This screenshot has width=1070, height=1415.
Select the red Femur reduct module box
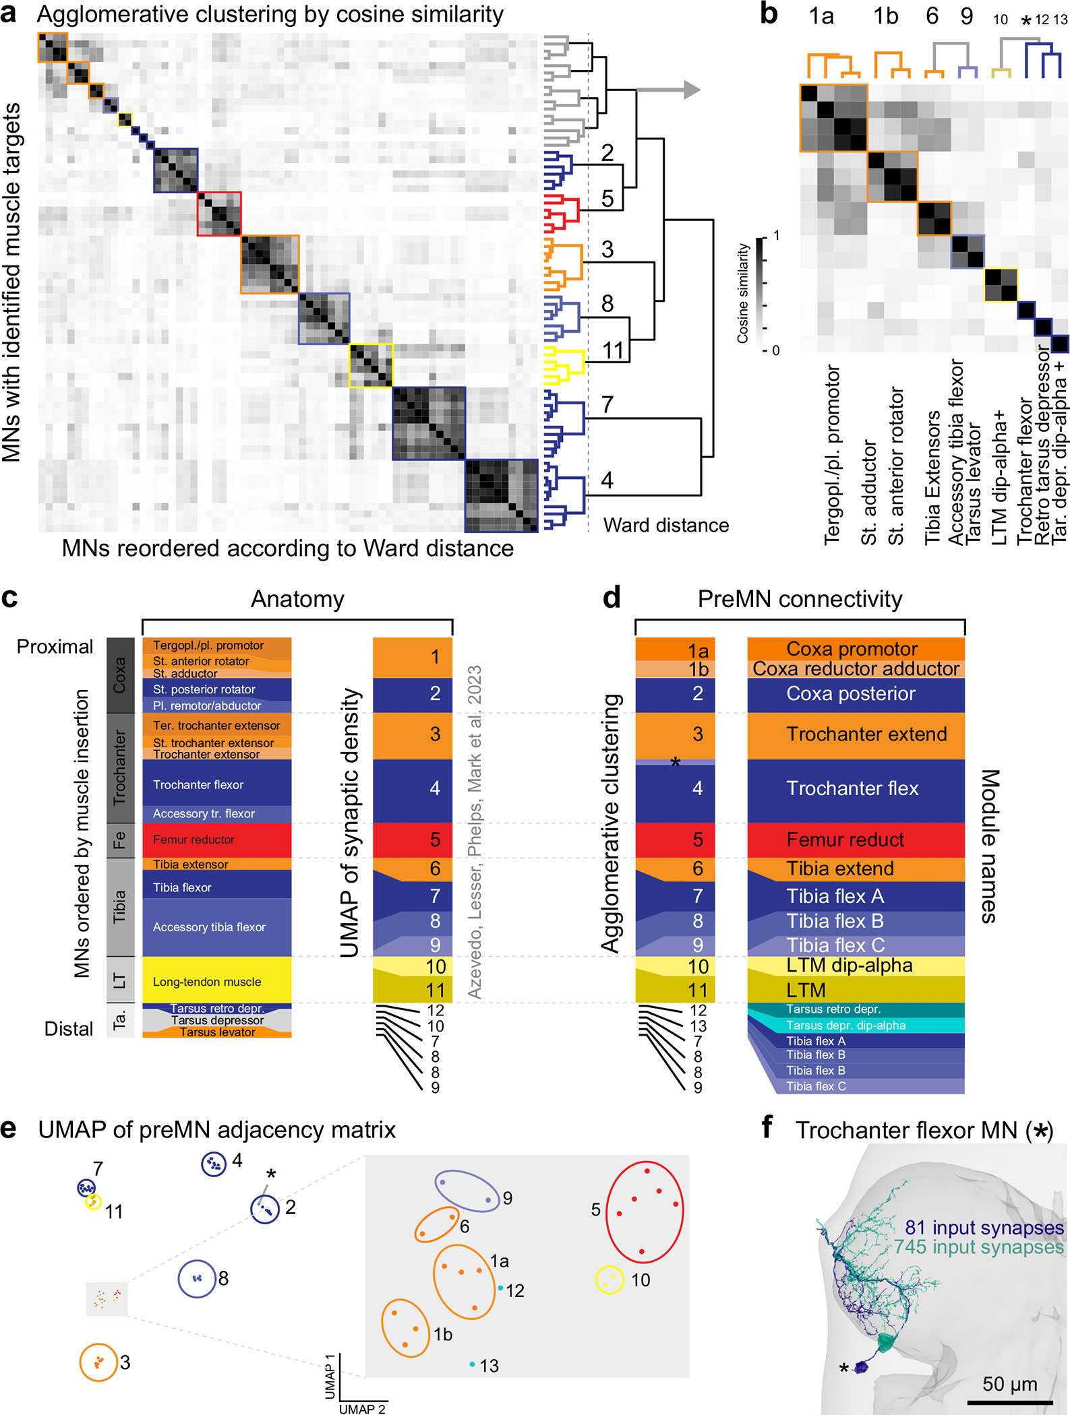point(855,840)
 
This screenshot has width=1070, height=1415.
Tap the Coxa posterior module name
point(850,693)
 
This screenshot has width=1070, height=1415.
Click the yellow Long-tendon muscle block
point(216,981)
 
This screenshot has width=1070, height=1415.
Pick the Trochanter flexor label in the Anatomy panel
point(198,784)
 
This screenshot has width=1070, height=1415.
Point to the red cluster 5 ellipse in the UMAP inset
point(645,1211)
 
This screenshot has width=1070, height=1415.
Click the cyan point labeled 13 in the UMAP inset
point(473,1364)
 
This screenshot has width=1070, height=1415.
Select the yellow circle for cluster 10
point(610,1280)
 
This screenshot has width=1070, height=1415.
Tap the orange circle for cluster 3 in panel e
point(98,1362)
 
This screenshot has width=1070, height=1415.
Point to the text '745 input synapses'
point(979,1247)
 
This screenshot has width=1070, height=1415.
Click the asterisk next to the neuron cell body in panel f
point(843,1368)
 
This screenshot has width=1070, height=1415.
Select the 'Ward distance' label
point(665,525)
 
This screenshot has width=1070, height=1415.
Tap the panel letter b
point(769,13)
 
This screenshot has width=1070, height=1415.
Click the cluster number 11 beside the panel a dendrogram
point(612,350)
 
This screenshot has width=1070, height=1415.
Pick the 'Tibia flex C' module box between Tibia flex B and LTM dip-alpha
point(855,945)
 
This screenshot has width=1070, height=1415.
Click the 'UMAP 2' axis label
point(362,1408)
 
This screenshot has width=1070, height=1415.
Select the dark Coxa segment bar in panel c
point(120,675)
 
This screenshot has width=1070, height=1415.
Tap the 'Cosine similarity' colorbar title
point(743,293)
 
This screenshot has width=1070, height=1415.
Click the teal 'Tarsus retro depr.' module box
point(855,1009)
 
